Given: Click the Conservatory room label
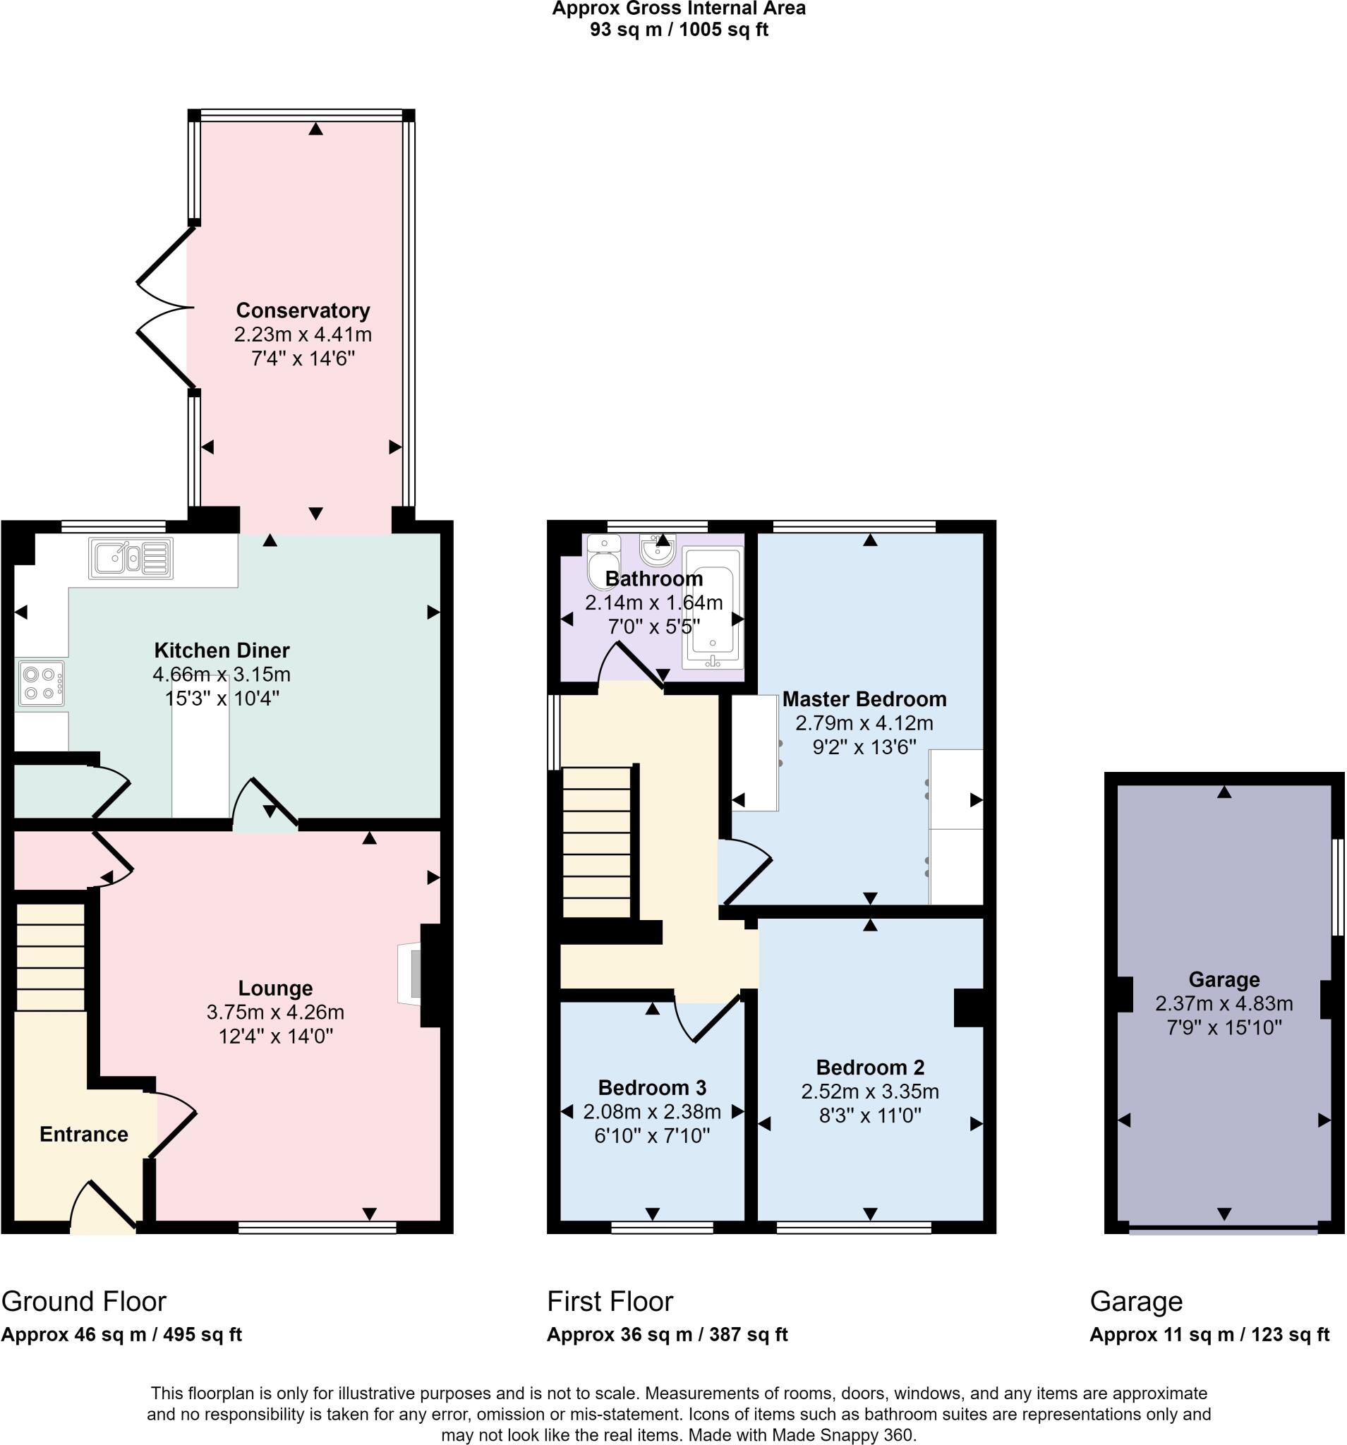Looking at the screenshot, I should (303, 310).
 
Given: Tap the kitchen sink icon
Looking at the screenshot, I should (131, 558).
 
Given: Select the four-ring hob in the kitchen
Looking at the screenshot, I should (42, 683).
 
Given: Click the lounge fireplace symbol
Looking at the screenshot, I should (411, 974).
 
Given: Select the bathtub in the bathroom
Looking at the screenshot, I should (713, 607).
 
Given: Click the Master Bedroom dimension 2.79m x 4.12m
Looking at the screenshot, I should (864, 723).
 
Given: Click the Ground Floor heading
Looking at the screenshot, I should (83, 1301).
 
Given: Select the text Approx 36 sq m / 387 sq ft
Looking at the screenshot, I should (667, 1334).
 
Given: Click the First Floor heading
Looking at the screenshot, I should (610, 1301).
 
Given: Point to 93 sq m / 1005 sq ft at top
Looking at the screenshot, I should (678, 30).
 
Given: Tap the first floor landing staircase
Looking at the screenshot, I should (597, 843).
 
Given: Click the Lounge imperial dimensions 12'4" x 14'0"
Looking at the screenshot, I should (275, 1036).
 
